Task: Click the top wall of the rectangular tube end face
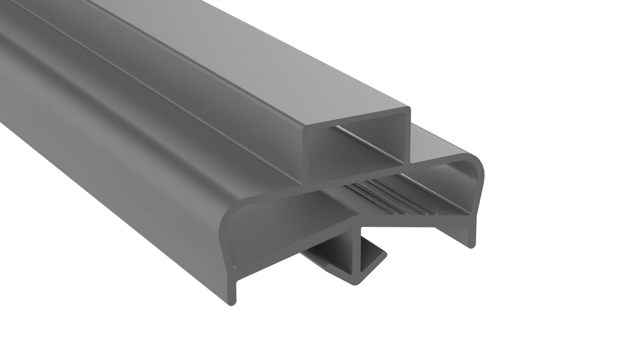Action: pos(356,119)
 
